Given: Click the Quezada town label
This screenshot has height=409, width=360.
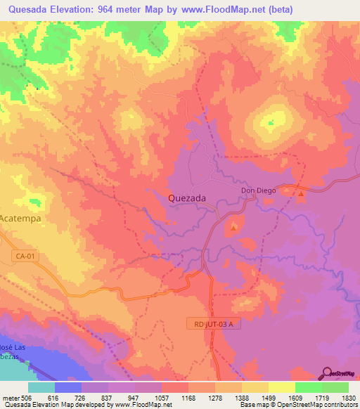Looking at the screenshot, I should click(187, 198).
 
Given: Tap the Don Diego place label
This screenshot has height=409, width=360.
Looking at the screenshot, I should click(258, 190).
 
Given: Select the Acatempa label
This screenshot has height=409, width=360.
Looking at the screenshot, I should click(21, 219).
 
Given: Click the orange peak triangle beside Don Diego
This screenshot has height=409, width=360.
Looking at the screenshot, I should click(301, 193).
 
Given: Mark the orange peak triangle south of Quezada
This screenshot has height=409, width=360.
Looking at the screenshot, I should click(234, 226).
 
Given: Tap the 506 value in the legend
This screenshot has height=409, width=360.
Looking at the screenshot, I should click(27, 398).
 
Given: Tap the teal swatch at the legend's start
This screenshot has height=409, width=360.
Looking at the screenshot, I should click(41, 387).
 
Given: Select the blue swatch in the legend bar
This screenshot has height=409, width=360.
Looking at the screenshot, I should click(68, 387).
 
